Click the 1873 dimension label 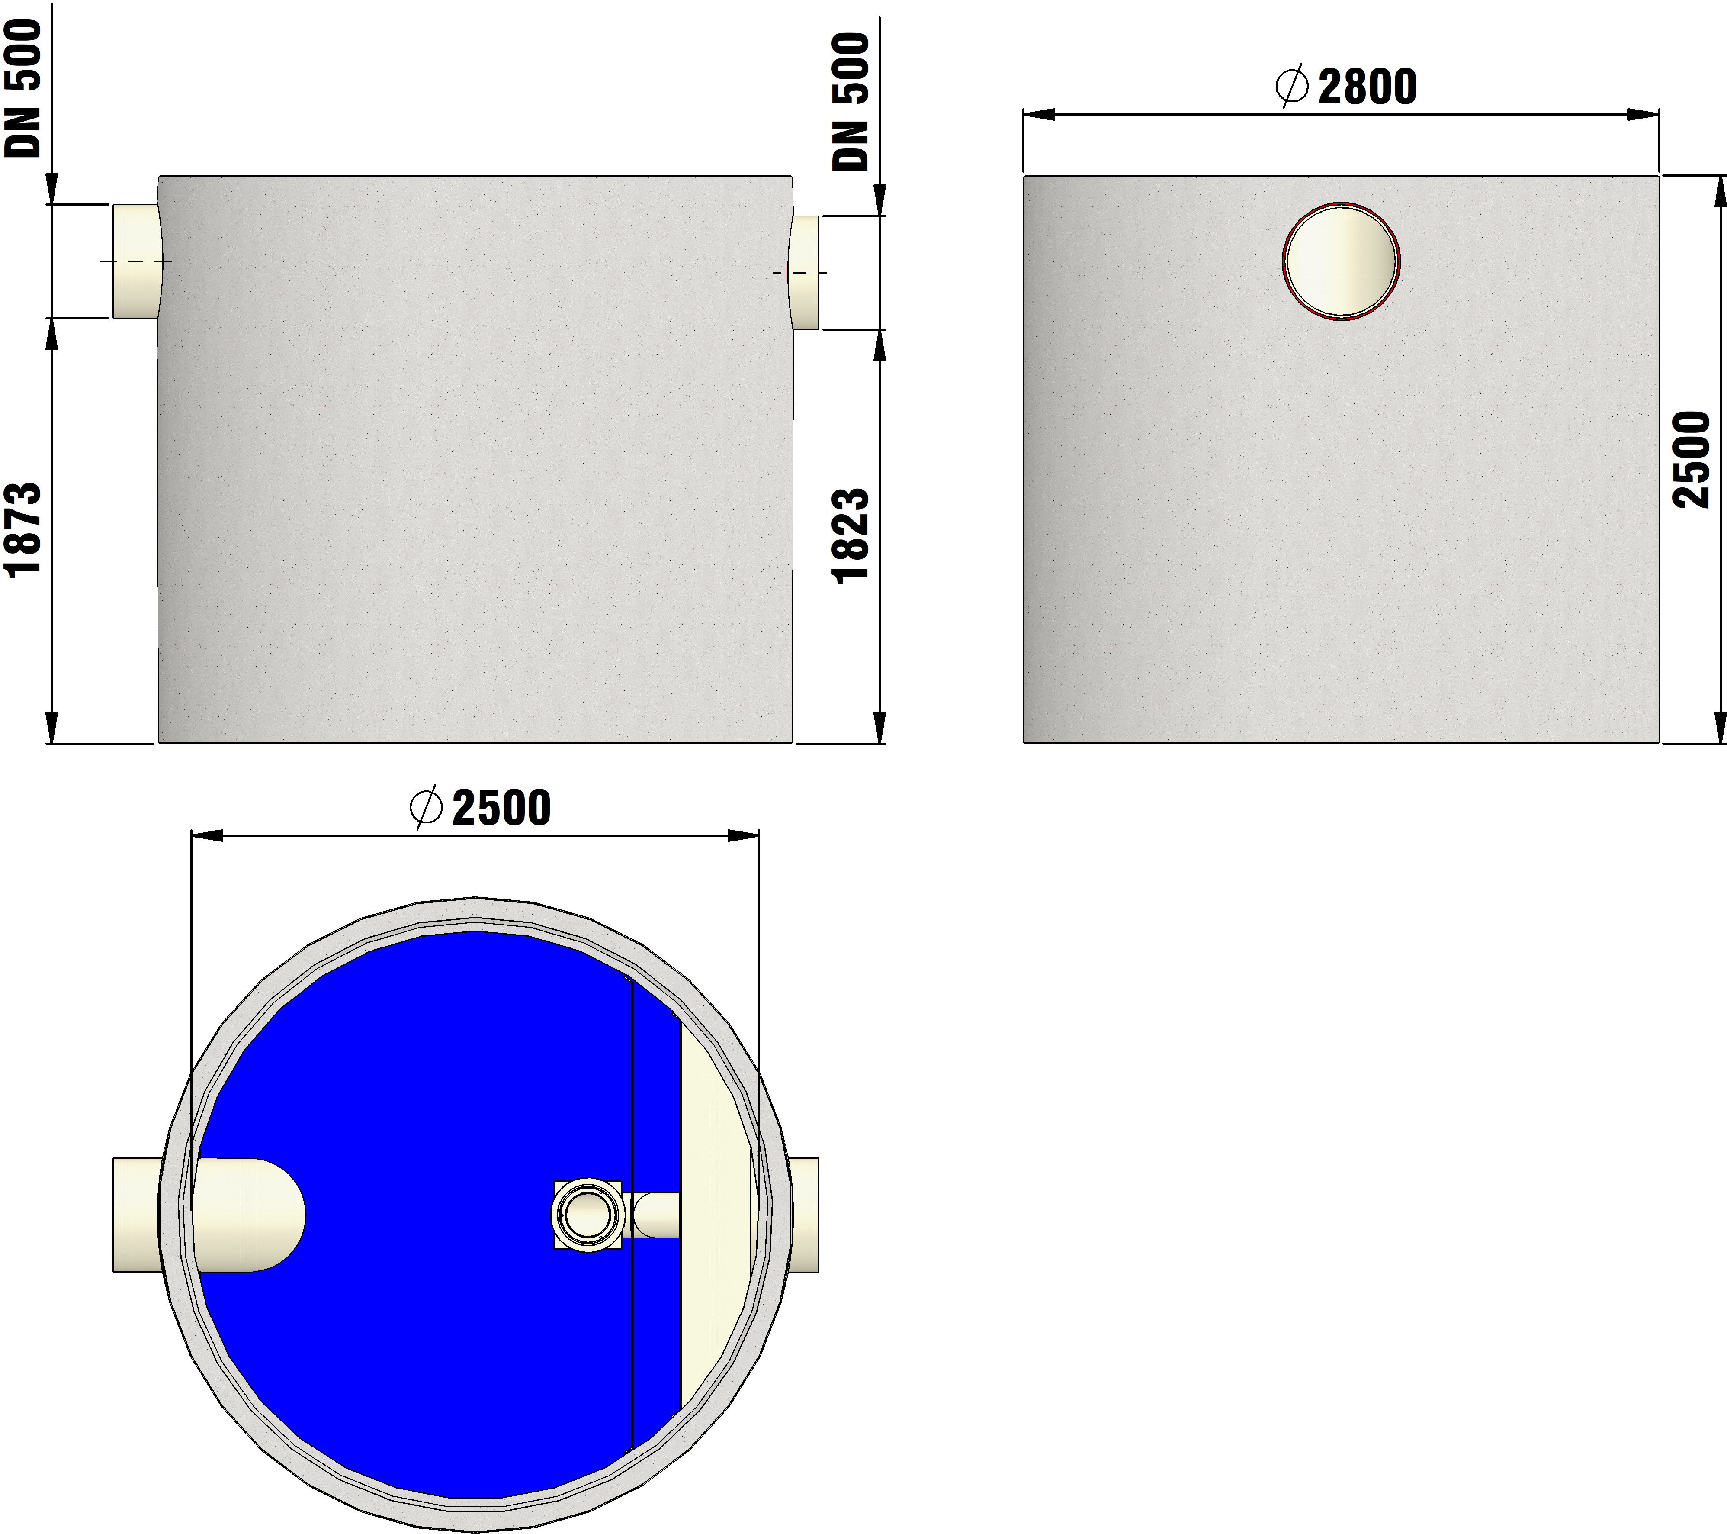pyautogui.click(x=23, y=530)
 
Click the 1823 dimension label pyautogui.click(x=851, y=535)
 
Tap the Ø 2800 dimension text pyautogui.click(x=1345, y=87)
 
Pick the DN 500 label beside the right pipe pyautogui.click(x=851, y=101)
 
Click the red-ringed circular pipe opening pyautogui.click(x=1341, y=261)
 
